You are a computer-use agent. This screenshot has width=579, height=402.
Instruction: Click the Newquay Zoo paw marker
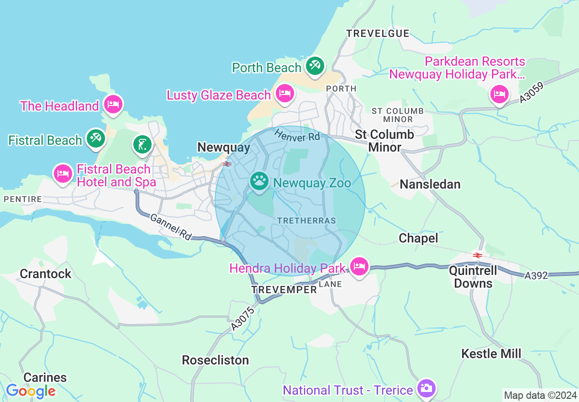[x=259, y=181]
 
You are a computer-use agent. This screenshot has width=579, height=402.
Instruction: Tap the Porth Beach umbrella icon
[x=314, y=65]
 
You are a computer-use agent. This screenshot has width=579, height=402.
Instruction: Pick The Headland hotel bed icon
[x=113, y=104]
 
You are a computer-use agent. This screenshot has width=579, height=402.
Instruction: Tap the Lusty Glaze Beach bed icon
[x=284, y=93]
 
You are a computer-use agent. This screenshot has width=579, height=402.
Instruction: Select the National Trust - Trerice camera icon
[x=426, y=388]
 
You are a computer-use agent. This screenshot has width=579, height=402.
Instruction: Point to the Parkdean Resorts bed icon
[x=499, y=95]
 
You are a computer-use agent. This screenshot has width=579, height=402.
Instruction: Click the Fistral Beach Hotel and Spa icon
[x=63, y=173]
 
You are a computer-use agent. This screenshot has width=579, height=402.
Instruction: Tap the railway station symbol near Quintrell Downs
[x=478, y=255]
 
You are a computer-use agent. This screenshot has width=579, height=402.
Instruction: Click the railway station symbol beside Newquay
[x=226, y=164]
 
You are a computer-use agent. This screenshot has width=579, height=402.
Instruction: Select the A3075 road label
[x=242, y=318]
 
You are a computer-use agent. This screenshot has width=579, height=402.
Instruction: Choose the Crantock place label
[x=46, y=274]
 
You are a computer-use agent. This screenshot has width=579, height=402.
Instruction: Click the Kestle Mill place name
[x=491, y=353]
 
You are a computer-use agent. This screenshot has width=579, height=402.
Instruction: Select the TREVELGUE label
[x=378, y=33]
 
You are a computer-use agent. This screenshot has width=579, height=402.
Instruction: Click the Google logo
[x=31, y=391]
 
